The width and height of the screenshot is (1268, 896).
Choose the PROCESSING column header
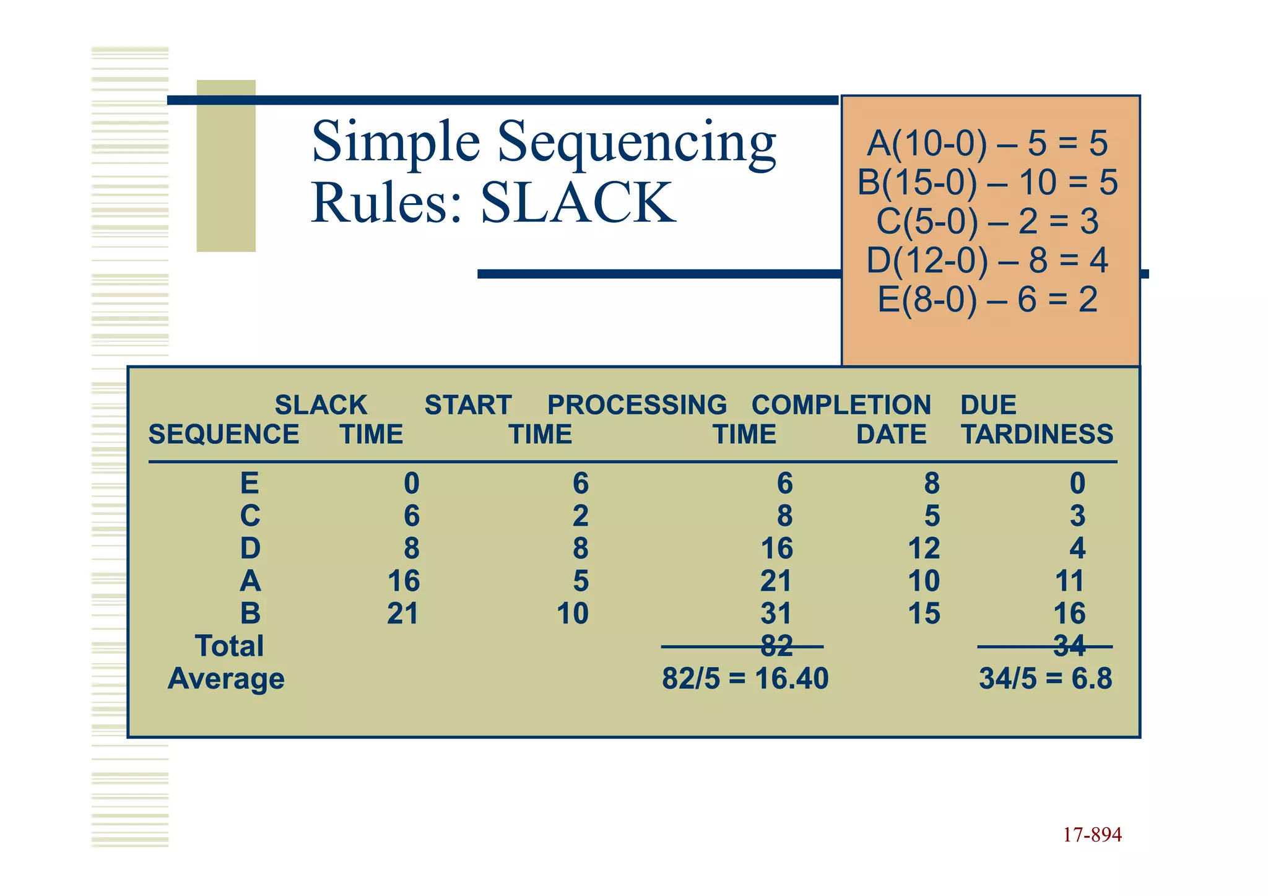(637, 405)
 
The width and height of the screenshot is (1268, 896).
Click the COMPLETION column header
(841, 405)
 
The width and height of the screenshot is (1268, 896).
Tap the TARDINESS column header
(1037, 434)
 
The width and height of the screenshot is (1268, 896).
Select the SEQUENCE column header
(224, 434)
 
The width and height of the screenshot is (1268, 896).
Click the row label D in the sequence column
(250, 549)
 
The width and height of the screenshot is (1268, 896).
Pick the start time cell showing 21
(403, 614)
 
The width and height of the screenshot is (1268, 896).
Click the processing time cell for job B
(572, 614)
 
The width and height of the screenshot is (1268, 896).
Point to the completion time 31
(776, 614)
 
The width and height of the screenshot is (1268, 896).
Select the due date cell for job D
(924, 549)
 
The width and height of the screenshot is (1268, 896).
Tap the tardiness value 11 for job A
(1069, 581)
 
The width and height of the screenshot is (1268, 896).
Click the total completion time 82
(776, 646)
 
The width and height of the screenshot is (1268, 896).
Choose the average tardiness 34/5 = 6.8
(1045, 679)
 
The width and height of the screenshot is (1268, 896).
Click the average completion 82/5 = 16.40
(745, 679)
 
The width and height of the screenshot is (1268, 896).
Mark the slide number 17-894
(1092, 835)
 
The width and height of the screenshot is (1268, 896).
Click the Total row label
(229, 646)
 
